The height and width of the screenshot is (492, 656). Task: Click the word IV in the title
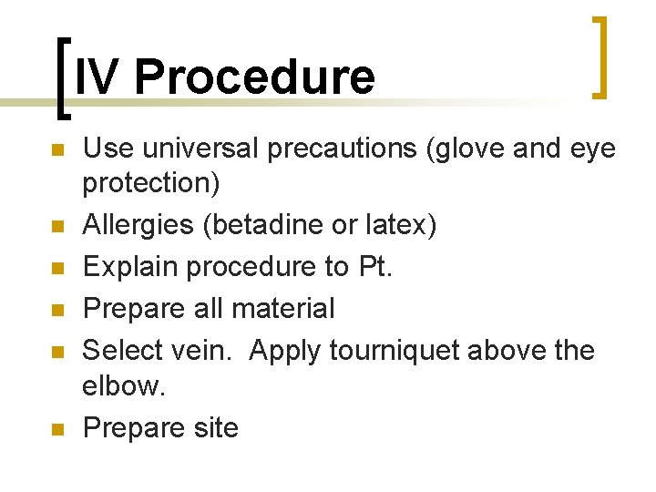point(97,77)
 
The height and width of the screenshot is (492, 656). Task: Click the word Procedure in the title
point(254,77)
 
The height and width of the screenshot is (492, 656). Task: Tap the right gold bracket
point(600,56)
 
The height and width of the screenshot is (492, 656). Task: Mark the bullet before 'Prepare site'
point(56,429)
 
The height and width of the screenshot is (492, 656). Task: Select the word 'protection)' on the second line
point(151,184)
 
